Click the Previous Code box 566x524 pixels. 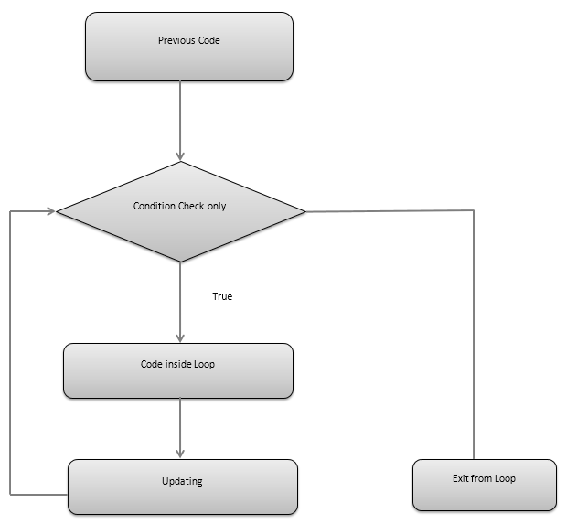click(189, 47)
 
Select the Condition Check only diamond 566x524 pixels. click(180, 212)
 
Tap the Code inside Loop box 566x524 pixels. click(178, 370)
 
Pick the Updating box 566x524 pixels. click(183, 486)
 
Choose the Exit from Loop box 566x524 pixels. click(484, 485)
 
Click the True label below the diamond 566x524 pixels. click(222, 296)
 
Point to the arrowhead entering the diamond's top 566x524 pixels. click(180, 155)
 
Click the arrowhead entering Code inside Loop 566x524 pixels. click(179, 337)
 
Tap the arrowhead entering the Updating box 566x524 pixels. click(179, 453)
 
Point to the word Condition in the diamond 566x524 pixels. click(155, 206)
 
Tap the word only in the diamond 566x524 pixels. click(217, 206)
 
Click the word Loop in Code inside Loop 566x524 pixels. click(206, 364)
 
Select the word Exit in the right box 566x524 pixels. click(463, 478)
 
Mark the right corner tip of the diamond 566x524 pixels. click(305, 212)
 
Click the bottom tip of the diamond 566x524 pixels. click(180, 262)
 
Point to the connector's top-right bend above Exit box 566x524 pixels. click(474, 212)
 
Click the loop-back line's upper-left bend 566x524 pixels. click(10, 211)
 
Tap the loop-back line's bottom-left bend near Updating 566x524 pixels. click(10, 494)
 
